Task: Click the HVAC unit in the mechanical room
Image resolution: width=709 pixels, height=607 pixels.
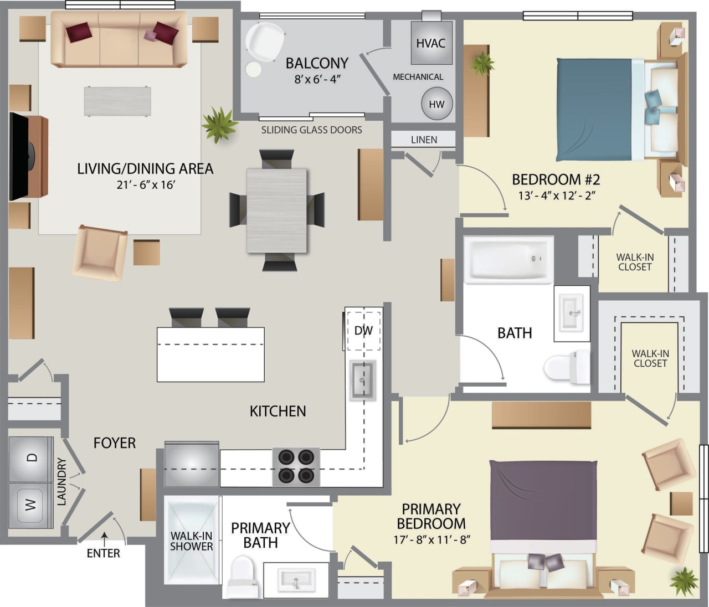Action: pos(431,43)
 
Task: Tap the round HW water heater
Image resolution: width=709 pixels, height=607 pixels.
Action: pos(436,104)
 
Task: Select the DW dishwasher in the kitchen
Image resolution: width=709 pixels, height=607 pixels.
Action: pos(363,331)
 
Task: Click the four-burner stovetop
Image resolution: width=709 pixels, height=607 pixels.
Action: pos(296,466)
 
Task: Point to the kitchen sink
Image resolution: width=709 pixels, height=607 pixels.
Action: pos(363,380)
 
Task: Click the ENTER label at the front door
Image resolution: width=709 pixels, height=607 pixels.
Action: pos(103,553)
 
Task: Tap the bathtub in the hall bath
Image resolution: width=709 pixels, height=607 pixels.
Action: pos(508,259)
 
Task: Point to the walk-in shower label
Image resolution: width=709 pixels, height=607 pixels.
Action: pos(191,541)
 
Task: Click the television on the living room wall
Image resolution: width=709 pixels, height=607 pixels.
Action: pos(19,156)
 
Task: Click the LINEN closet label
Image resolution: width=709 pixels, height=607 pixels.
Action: pos(424,140)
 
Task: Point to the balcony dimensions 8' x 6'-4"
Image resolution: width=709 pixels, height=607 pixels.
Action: pos(317,79)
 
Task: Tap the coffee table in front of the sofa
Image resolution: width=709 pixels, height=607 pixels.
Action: pos(117,101)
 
